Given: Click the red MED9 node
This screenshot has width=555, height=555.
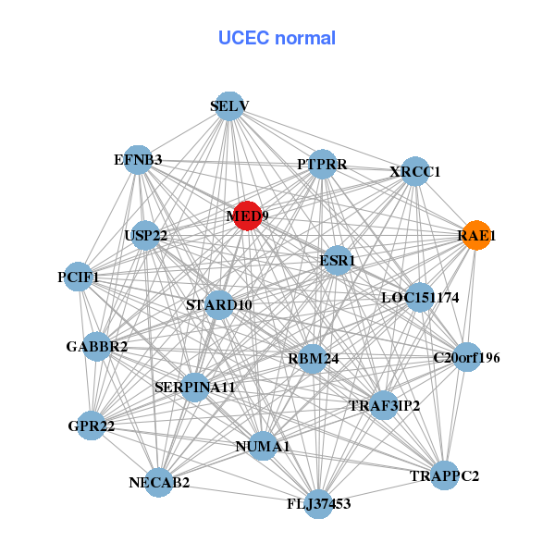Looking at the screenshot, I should coord(246,216).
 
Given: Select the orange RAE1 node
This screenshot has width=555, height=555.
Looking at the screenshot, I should coord(476,236).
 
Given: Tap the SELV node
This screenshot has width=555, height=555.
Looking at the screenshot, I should coord(229,106).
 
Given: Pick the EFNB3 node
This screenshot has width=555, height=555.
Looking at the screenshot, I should coord(138,160).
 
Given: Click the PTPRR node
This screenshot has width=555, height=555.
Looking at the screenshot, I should coord(322,165).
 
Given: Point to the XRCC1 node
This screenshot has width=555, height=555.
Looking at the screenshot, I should coord(415,172).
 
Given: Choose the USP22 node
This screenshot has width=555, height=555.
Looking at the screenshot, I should coord(145,236).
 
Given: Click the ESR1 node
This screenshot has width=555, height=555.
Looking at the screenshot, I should coord(337,261).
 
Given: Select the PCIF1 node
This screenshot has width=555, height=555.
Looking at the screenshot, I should coord(79,277).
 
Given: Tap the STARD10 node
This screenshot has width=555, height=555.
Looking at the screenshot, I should coord(219,304).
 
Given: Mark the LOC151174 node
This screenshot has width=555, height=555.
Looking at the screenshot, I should coord(420,298).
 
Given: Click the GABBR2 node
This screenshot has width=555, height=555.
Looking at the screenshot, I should coord(97,347).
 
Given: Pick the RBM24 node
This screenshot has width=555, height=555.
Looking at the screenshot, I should coord(313,358).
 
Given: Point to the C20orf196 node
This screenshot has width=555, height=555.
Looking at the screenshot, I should coord(467,357).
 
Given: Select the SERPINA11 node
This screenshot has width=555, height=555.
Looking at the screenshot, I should coord(195,388).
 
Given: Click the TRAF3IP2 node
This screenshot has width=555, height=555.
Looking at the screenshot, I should coord(384,405).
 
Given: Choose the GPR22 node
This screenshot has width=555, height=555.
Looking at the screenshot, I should coord(91,426).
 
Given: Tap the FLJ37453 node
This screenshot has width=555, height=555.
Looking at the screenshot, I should coord(318,504).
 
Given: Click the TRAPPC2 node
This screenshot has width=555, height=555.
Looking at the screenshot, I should coord(445,476).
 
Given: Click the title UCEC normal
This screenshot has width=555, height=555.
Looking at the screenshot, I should coord(277,39).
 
